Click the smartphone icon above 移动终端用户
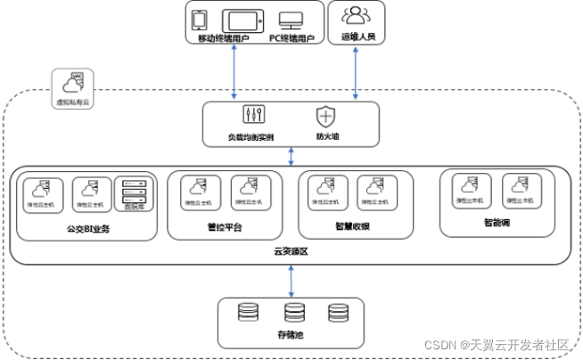pyautogui.click(x=201, y=20)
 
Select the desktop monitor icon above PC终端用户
pyautogui.click(x=291, y=20)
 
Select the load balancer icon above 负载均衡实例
pyautogui.click(x=250, y=115)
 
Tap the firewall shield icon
pyautogui.click(x=325, y=115)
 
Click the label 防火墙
pyautogui.click(x=327, y=138)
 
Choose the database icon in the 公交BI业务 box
pyautogui.click(x=135, y=192)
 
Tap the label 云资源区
pyautogui.click(x=291, y=252)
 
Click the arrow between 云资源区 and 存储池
pyautogui.click(x=291, y=281)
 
